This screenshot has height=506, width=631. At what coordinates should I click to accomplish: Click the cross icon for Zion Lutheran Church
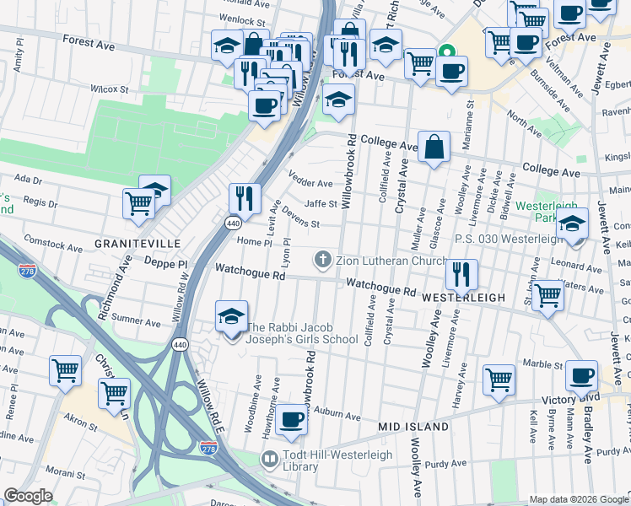click(322, 258)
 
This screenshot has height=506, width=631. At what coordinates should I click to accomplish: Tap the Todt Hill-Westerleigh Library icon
click(270, 460)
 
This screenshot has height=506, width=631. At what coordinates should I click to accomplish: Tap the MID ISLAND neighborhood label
click(413, 427)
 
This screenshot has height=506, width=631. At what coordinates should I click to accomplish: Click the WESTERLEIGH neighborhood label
click(463, 298)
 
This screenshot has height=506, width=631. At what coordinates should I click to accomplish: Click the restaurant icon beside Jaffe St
click(245, 199)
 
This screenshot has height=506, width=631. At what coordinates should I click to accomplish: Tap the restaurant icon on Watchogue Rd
click(461, 273)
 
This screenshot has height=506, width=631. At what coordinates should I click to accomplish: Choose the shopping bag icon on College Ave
click(433, 147)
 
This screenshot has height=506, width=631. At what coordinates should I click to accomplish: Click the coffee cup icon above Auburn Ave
click(292, 419)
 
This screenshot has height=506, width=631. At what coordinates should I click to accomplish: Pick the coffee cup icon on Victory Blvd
click(581, 375)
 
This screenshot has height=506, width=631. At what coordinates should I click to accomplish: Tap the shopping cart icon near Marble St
click(499, 379)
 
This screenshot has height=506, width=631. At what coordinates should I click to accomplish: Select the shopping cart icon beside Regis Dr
click(138, 202)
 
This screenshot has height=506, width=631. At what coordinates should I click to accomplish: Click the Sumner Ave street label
click(137, 321)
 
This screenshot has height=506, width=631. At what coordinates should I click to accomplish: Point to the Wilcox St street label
click(109, 89)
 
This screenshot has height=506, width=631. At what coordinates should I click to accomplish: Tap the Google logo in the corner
click(28, 496)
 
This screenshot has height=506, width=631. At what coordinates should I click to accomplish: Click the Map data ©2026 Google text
click(577, 499)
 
